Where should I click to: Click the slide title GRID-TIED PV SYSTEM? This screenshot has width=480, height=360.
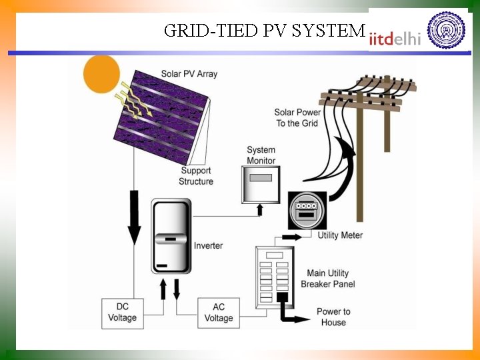(264, 31)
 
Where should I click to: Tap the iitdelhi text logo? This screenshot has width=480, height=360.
(396, 38)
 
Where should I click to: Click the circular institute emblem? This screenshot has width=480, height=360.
(446, 29)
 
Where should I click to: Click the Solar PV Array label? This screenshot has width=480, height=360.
(189, 74)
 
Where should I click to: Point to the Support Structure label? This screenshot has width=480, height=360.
(196, 176)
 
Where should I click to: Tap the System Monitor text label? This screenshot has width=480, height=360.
(261, 155)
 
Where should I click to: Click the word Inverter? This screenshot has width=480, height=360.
(208, 246)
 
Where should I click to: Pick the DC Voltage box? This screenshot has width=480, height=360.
(122, 313)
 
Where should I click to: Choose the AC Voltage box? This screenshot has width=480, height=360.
(219, 313)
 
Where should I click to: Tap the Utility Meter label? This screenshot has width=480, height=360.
(340, 235)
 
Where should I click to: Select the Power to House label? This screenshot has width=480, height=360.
(333, 317)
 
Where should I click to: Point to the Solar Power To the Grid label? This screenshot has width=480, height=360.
(297, 118)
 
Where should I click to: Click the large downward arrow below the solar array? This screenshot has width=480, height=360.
(134, 217)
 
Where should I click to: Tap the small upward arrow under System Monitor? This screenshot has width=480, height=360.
(260, 209)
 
